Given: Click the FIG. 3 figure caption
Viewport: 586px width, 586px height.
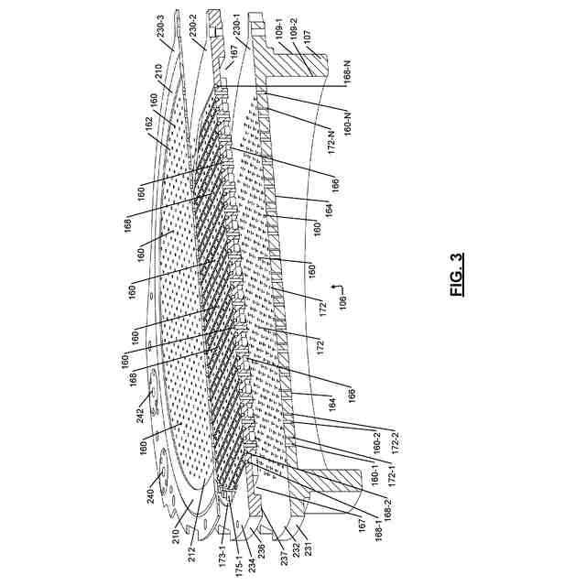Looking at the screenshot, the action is coord(458,275).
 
